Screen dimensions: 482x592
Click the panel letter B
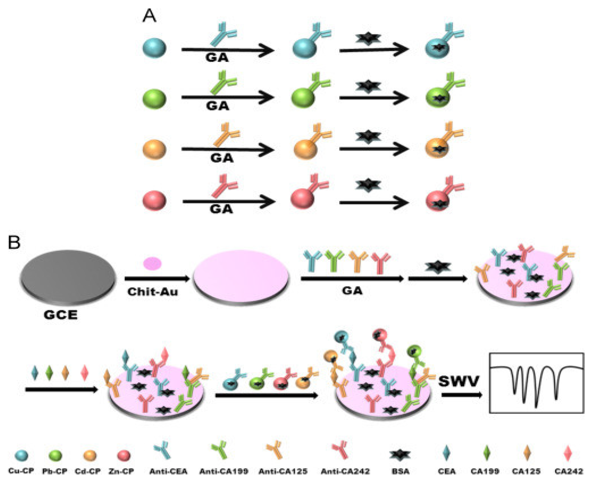[x=14, y=242]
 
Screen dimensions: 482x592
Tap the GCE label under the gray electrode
[x=61, y=315]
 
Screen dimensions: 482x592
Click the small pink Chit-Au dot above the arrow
[x=152, y=263]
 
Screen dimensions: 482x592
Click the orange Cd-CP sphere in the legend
[x=90, y=455]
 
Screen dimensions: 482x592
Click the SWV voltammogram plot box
[x=536, y=383]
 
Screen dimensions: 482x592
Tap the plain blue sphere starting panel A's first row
[x=154, y=48]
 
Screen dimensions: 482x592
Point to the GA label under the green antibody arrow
[x=217, y=106]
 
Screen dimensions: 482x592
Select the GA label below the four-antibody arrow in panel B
[x=352, y=291]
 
